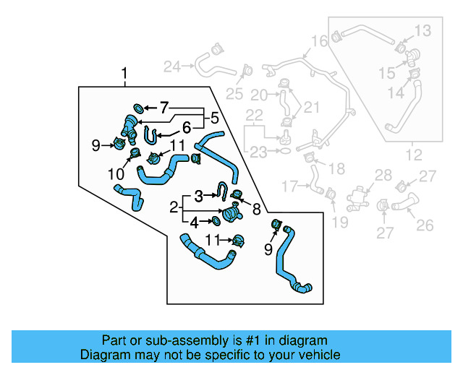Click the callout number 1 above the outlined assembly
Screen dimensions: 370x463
point(124,74)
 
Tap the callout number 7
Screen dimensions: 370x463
point(164,108)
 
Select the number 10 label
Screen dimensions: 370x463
point(115,173)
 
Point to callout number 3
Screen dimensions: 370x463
point(198,195)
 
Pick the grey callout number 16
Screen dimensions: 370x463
point(319,40)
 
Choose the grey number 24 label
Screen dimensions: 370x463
point(172,67)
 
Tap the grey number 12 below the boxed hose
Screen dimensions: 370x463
point(412,154)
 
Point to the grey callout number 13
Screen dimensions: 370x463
point(422,30)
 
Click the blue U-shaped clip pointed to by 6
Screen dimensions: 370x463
point(150,134)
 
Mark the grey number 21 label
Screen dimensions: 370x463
point(311,108)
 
